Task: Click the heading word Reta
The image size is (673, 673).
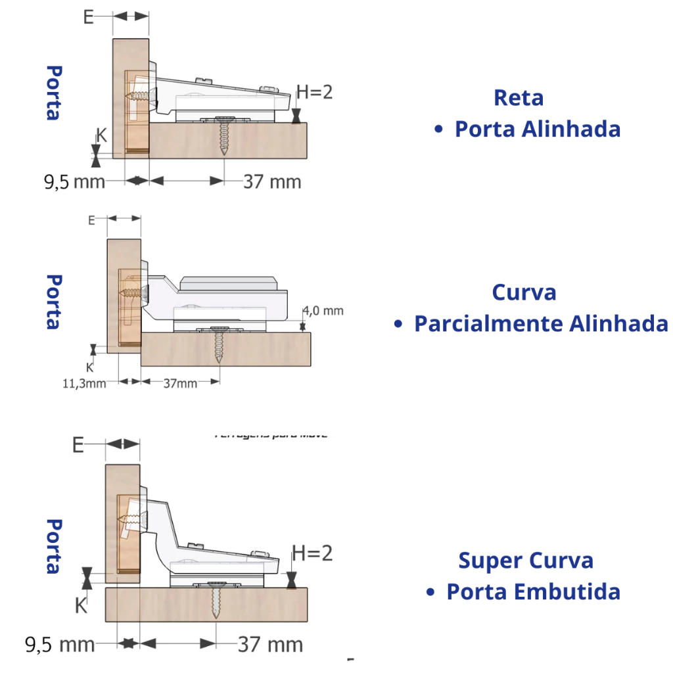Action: point(519,98)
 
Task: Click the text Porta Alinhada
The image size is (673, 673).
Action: point(537,129)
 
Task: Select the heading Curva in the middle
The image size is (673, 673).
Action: point(524,292)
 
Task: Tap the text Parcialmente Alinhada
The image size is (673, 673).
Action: point(540,323)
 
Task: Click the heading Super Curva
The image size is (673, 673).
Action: point(526,561)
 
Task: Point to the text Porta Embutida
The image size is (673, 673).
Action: point(533,592)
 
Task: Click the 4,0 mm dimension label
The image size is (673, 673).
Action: point(323,310)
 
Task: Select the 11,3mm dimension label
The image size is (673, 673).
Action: point(84,383)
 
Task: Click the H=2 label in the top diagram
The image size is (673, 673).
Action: point(314,91)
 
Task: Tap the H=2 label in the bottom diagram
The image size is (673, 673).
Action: point(312,553)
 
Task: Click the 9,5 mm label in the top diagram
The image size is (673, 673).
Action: point(74,181)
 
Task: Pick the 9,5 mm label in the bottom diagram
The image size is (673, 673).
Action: point(60,644)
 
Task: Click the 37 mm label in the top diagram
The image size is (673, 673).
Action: point(272,181)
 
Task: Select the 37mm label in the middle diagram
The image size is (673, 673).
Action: point(180,383)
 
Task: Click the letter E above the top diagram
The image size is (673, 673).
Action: point(88,17)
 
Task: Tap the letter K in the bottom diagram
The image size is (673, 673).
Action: point(80,605)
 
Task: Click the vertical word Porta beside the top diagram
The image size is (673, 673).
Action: point(53,92)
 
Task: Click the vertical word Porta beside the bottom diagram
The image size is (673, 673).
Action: point(53,546)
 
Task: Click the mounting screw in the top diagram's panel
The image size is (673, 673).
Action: point(225,137)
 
